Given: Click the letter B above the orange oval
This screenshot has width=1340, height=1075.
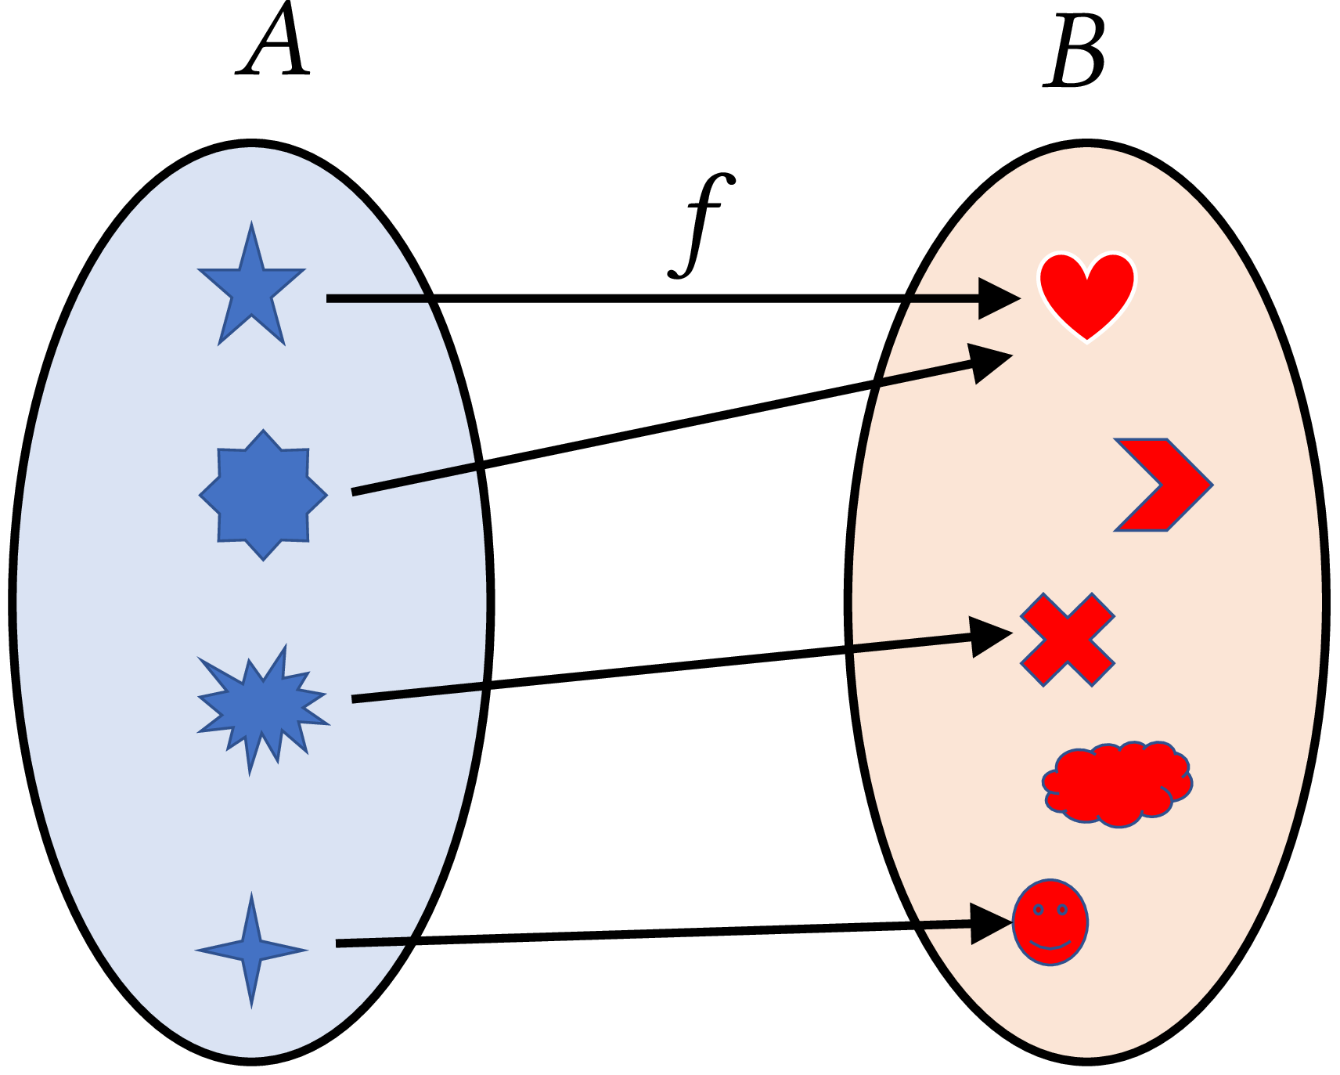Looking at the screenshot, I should pyautogui.click(x=1075, y=53).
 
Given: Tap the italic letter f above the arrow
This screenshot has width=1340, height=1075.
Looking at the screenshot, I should pyautogui.click(x=702, y=225).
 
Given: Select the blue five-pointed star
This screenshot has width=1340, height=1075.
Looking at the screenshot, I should pyautogui.click(x=251, y=290).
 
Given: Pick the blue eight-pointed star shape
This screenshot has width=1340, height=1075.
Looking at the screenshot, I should pyautogui.click(x=264, y=495).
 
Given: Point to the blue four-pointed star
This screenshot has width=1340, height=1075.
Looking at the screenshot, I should pyautogui.click(x=251, y=950).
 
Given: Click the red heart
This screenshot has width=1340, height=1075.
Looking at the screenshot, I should pyautogui.click(x=1086, y=294).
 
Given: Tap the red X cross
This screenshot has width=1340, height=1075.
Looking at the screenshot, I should pyautogui.click(x=1067, y=640).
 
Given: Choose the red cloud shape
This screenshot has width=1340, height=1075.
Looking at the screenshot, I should pyautogui.click(x=1117, y=783).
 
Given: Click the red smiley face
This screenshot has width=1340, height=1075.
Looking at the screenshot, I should pyautogui.click(x=1050, y=922).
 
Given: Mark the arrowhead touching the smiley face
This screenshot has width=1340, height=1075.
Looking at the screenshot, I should pyautogui.click(x=990, y=924).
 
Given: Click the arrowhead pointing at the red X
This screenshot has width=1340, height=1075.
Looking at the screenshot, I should pyautogui.click(x=989, y=637).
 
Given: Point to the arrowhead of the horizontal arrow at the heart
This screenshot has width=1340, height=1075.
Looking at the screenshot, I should pyautogui.click(x=998, y=298).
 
